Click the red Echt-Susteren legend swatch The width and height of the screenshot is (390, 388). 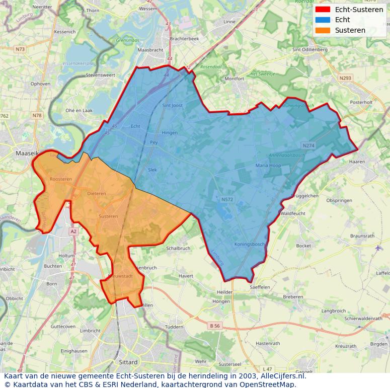click(323, 10)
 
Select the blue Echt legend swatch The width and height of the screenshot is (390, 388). click(323, 20)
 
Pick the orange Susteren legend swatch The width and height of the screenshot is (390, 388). click(323, 30)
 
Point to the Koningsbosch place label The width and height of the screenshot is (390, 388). click(250, 245)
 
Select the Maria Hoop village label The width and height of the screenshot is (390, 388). click(268, 165)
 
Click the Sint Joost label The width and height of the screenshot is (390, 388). click(172, 106)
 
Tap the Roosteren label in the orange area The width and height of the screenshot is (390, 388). click(61, 179)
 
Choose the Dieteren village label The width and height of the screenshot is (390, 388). click(97, 193)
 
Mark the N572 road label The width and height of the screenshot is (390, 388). click(227, 200)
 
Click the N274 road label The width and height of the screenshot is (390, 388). click(308, 145)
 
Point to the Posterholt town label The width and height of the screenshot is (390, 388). click(361, 102)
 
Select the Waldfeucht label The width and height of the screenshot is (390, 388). click(293, 213)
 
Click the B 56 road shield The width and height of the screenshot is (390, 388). click(214, 326)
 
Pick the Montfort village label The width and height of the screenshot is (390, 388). click(235, 79)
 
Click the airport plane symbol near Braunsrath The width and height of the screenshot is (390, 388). click(378, 248)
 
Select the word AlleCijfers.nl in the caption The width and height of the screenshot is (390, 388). click(283, 376)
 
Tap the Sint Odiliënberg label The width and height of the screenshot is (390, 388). click(310, 50)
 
